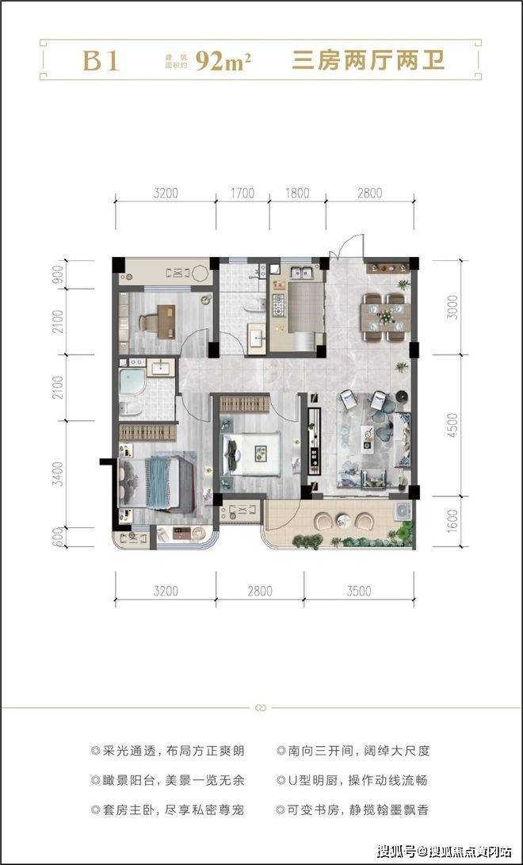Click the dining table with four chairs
(x=386, y=316)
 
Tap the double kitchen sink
(x=303, y=273)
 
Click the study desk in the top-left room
(x=166, y=322)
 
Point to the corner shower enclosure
(x=132, y=382)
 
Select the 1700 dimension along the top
(x=242, y=193)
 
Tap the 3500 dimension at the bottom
(x=359, y=591)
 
